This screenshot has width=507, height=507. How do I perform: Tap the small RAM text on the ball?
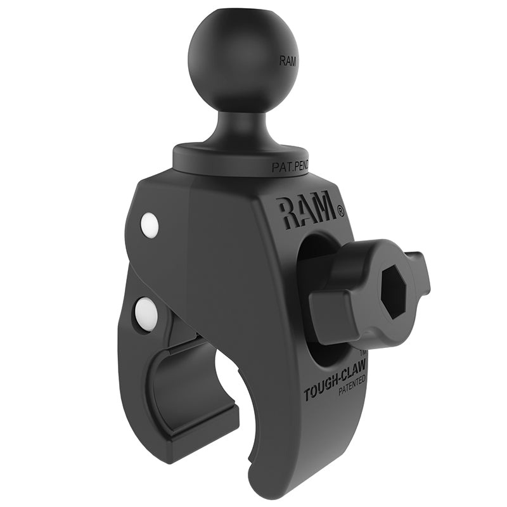(286, 61)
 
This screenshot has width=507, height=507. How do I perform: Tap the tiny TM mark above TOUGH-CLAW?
(363, 352)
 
